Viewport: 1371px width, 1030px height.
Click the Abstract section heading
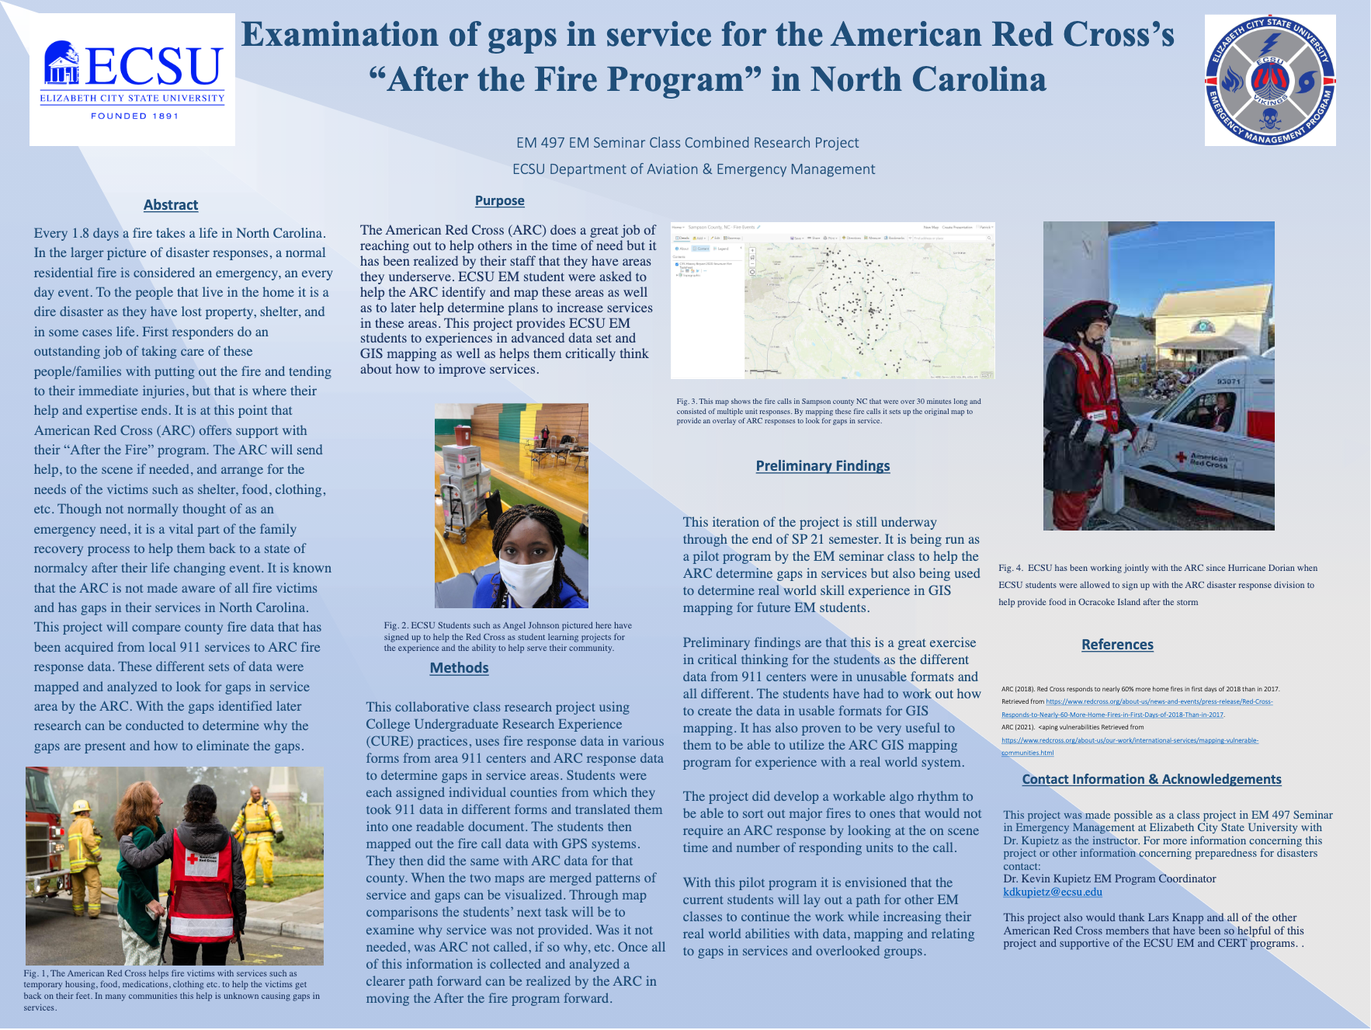(x=171, y=205)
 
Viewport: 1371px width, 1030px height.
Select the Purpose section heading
(x=499, y=200)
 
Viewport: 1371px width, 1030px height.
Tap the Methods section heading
(x=459, y=668)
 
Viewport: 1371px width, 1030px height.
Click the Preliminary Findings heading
(x=822, y=466)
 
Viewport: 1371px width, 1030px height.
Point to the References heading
(x=1117, y=645)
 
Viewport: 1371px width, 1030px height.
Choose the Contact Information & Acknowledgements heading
(x=1151, y=779)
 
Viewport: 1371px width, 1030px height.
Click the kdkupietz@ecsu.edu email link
(x=1052, y=892)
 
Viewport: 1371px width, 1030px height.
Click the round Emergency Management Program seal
(x=1269, y=80)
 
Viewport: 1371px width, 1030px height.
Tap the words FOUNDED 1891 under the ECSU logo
(x=134, y=116)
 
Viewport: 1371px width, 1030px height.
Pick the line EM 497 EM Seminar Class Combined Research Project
(x=687, y=143)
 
